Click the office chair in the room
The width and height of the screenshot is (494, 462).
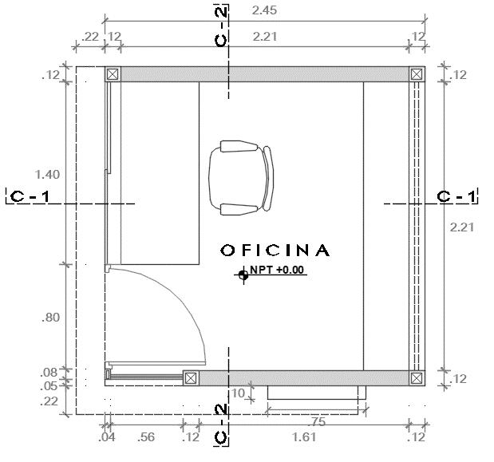241,178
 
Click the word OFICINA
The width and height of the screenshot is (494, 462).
275,251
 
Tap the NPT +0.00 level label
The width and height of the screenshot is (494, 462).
277,270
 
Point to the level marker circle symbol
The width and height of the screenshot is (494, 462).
243,275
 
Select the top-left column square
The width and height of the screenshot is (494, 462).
113,74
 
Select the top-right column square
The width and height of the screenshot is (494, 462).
417,74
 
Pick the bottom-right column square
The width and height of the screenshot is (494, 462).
417,378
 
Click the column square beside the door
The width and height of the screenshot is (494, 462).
191,378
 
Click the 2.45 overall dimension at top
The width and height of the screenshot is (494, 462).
264,10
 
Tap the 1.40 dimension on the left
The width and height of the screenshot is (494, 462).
47,175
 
